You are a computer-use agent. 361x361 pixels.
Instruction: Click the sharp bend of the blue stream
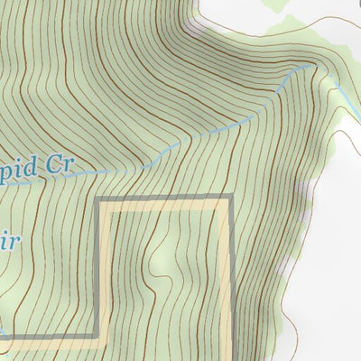(x=311, y=65)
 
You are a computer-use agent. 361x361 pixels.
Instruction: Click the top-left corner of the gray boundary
(x=98, y=199)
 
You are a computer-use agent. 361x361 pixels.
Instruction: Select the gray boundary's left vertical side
(x=98, y=271)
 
